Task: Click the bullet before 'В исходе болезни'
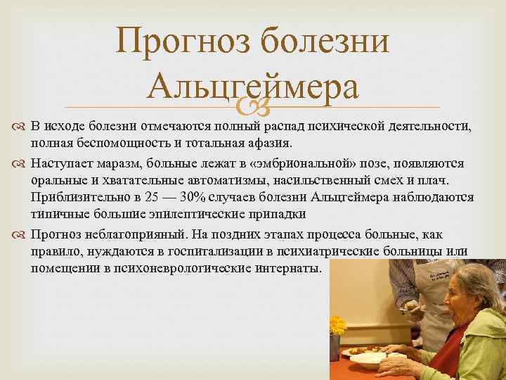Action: [17, 127]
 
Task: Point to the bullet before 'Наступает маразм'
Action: [17, 163]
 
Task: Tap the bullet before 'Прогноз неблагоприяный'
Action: [17, 234]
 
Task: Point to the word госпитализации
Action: [226, 252]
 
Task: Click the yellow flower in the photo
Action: [338, 326]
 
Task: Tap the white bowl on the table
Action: [367, 359]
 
